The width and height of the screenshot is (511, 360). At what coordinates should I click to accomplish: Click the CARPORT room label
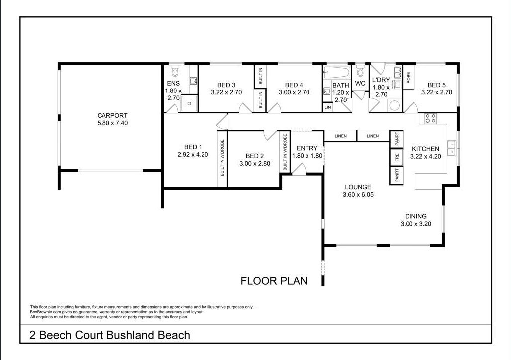112,116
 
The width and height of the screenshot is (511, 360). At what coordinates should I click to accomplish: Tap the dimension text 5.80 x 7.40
112,123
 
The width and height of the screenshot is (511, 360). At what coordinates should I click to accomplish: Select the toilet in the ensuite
175,69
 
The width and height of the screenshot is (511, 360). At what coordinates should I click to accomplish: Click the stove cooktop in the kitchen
430,118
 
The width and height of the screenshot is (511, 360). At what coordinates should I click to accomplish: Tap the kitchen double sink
452,148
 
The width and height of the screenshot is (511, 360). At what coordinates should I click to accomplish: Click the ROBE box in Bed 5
408,78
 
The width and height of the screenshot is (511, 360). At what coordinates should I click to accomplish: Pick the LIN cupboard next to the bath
328,107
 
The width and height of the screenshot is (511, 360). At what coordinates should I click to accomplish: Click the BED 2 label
254,156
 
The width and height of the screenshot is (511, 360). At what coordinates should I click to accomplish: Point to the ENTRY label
307,148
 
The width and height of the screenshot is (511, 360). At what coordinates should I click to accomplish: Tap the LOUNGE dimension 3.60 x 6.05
358,195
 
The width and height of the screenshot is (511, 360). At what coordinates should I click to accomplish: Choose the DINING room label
415,216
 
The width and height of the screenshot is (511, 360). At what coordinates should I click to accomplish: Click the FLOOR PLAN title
274,281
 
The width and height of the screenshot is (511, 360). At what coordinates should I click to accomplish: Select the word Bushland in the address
131,335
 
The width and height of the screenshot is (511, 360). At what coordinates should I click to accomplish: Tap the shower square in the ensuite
189,103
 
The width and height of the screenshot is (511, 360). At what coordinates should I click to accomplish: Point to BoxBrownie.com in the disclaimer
46,312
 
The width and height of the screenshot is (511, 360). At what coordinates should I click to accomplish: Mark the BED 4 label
294,85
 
